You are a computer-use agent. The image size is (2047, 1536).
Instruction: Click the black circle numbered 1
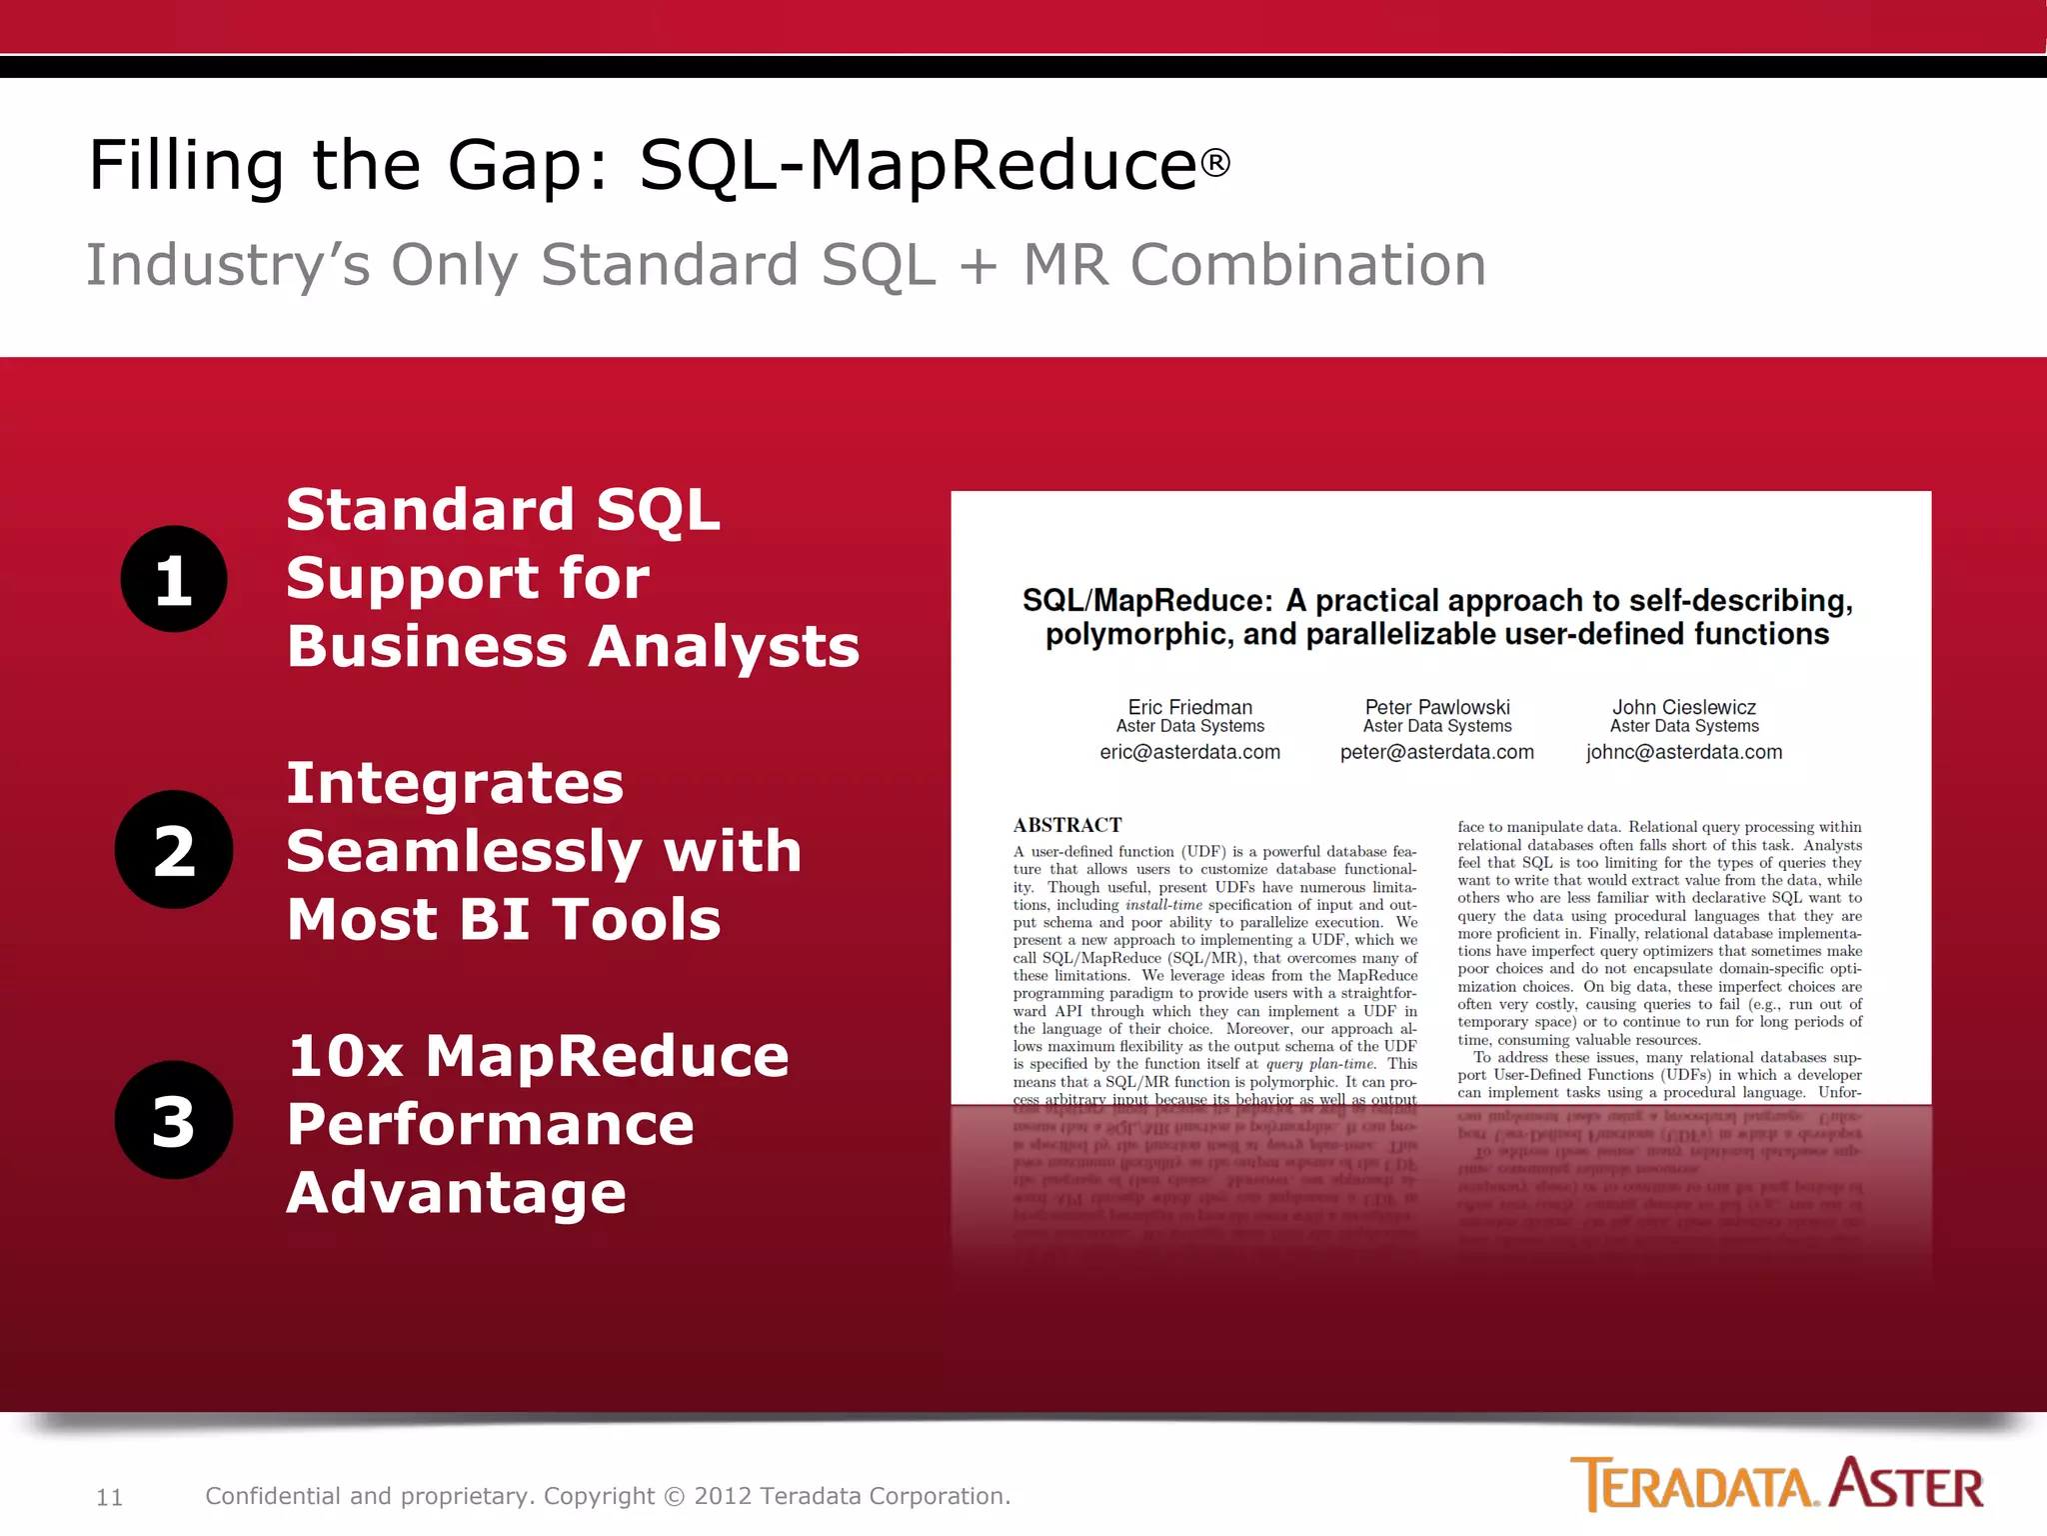tap(174, 579)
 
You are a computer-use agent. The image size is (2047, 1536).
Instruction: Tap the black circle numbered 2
tap(174, 850)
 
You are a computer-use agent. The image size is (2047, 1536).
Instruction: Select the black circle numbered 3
tap(174, 1120)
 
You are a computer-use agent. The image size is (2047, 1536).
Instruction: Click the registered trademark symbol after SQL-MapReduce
tap(1215, 163)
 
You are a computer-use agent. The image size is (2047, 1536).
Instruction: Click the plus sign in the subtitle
tap(979, 266)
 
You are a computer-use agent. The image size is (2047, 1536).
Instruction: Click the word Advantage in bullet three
tap(456, 1193)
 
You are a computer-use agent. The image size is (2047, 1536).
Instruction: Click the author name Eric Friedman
tap(1189, 707)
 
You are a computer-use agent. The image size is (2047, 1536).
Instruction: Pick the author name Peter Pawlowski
tap(1437, 707)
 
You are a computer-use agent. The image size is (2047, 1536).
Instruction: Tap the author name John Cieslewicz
tap(1684, 707)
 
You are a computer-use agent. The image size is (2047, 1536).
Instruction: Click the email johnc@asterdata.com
tap(1684, 752)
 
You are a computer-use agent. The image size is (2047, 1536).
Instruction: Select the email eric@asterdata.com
tap(1189, 752)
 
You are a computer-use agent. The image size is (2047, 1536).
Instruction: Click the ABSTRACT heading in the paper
tap(1066, 825)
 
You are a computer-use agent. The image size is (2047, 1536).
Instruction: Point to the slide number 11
tap(109, 1497)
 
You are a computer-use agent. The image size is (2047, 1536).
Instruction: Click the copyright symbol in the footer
tap(675, 1497)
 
